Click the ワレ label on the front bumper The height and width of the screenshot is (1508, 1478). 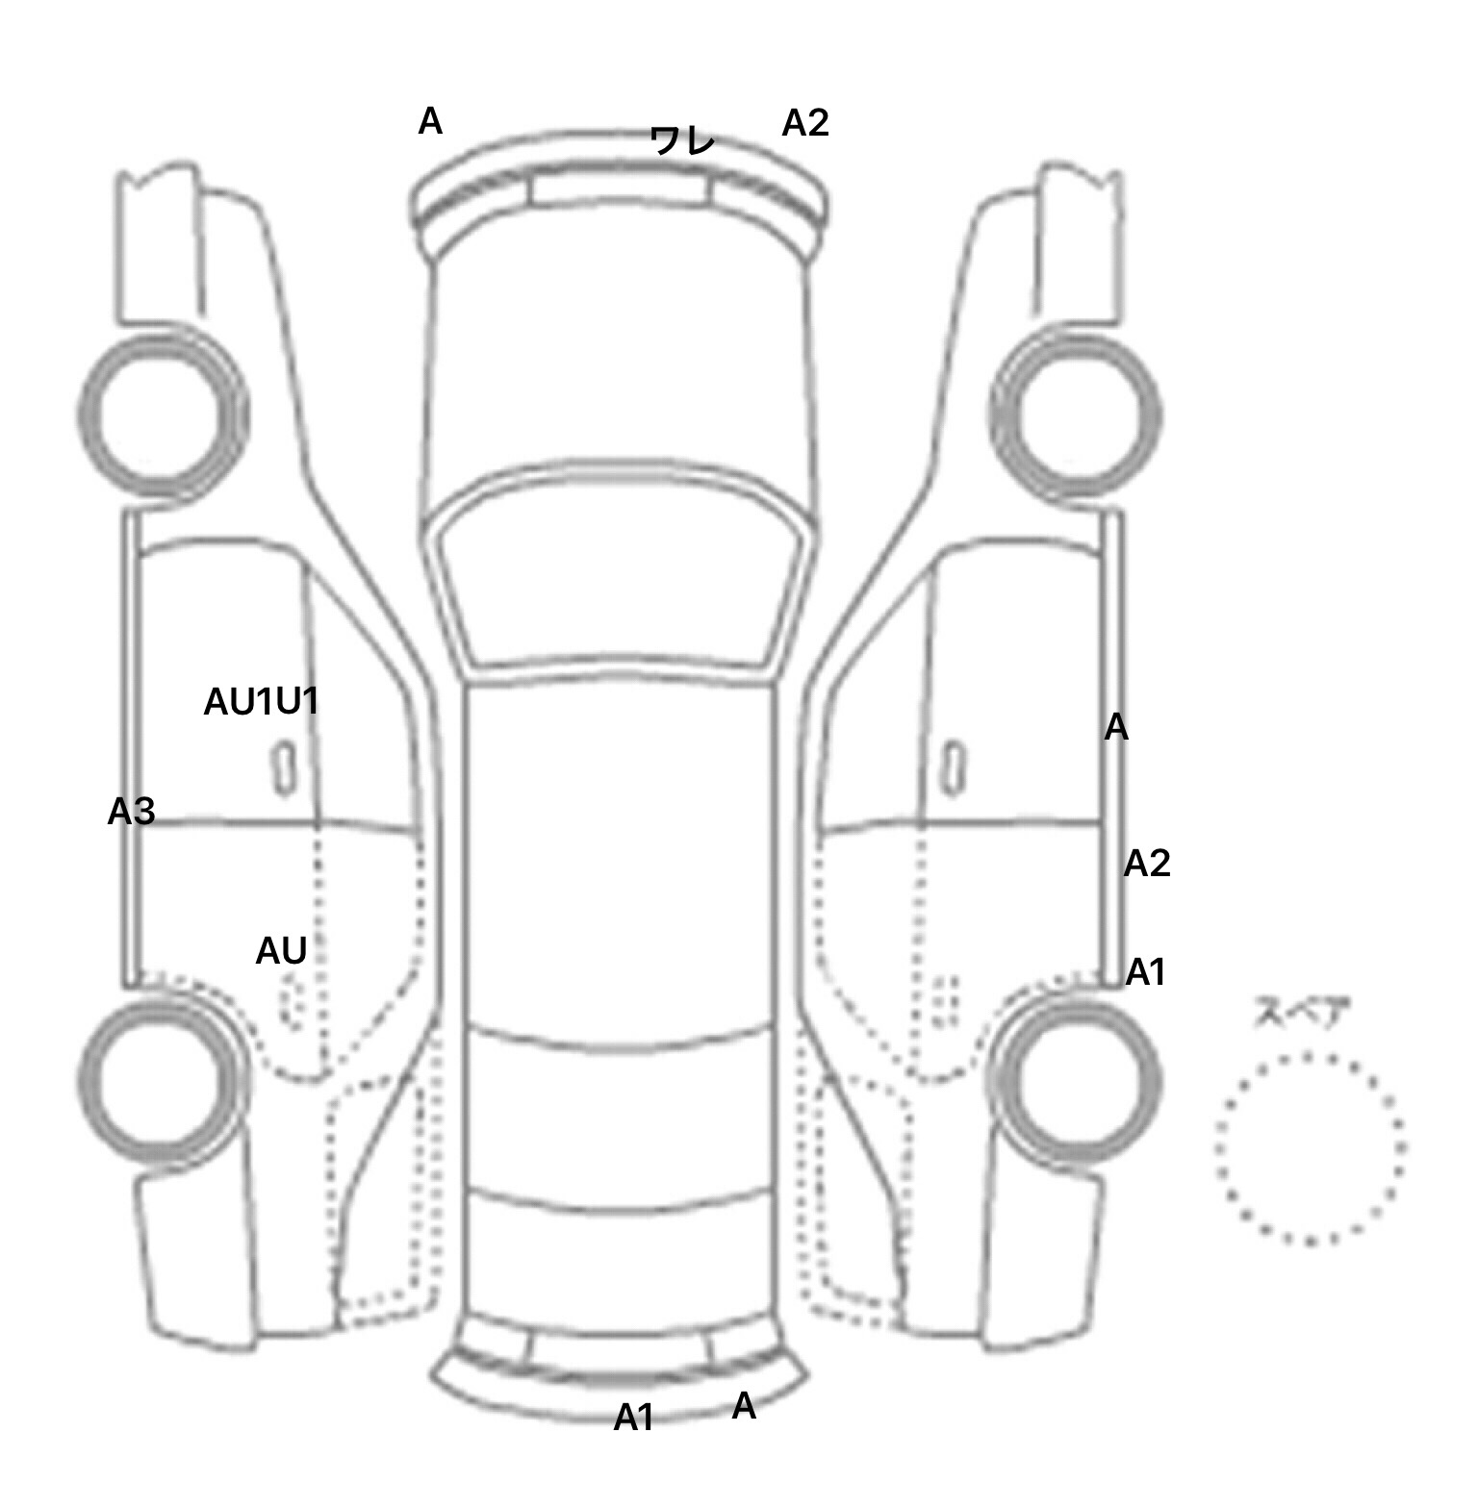pos(682,140)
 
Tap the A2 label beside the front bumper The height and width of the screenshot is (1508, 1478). pos(805,123)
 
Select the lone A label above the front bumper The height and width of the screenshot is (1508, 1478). pos(430,122)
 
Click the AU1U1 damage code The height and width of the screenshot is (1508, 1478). pos(261,702)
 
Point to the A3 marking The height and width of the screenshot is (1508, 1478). pos(131,813)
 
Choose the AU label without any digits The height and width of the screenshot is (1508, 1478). pos(281,951)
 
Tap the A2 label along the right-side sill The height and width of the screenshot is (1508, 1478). pos(1147,864)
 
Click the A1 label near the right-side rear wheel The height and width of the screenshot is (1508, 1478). pos(1146,973)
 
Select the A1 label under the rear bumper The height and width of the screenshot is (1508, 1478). pos(634,1417)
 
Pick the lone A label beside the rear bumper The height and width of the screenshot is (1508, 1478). pos(744,1406)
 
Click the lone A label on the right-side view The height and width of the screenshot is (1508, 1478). pos(1116,728)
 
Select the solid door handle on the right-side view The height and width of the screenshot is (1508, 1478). pos(954,769)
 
